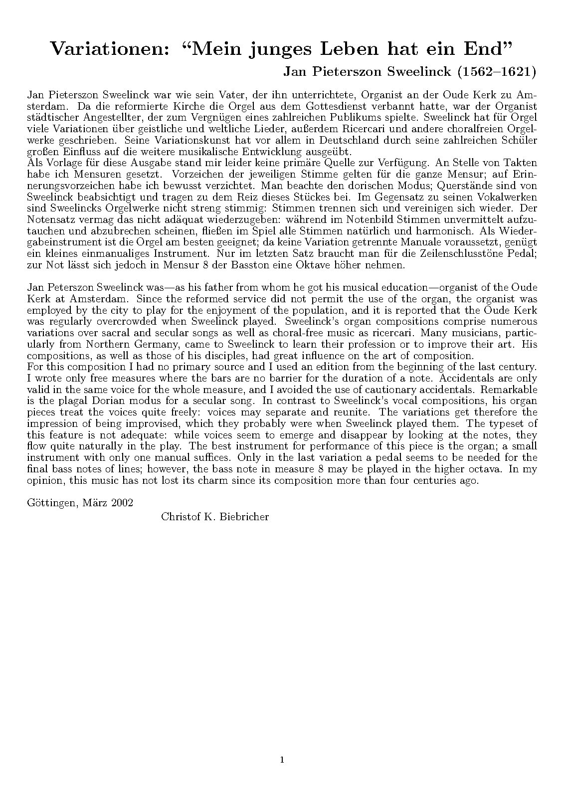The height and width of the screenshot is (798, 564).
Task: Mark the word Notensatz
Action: tap(49, 219)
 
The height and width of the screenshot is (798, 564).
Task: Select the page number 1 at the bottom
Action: tap(282, 760)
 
